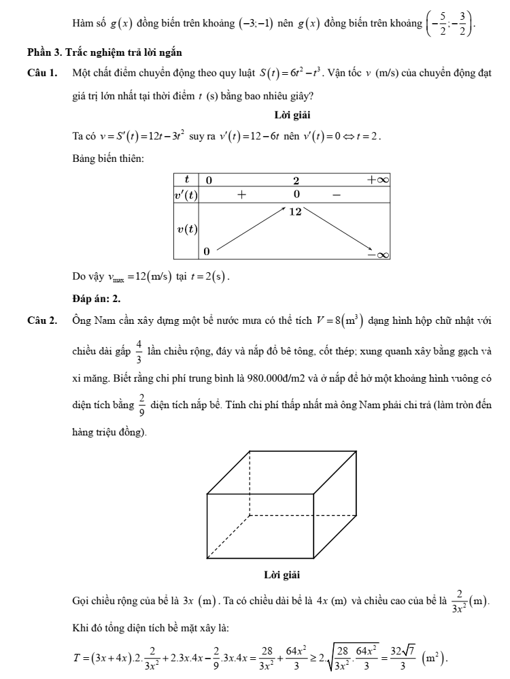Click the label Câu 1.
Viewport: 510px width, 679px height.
pos(39,72)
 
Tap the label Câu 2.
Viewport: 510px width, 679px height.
pos(39,319)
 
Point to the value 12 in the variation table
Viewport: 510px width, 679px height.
pos(295,212)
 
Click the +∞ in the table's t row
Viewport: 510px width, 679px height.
pos(377,180)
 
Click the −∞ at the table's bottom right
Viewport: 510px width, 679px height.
pos(377,254)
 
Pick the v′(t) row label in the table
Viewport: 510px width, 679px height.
pos(186,195)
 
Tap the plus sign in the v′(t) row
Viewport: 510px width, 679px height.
pos(241,195)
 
